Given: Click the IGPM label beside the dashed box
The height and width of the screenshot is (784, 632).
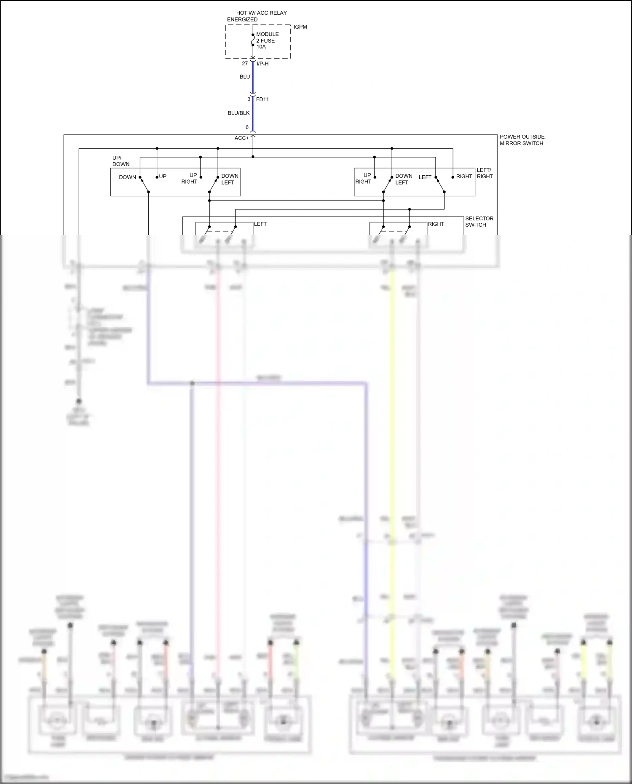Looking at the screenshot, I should (300, 27).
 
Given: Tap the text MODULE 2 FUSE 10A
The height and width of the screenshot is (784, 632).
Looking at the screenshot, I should (267, 40).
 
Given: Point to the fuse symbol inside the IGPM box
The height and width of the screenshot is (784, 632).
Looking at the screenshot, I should (253, 40).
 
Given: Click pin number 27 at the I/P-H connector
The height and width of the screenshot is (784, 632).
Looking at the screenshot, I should (245, 64).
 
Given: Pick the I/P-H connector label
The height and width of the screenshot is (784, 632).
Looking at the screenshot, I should (262, 64).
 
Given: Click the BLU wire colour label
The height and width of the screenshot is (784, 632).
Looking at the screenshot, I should (245, 77).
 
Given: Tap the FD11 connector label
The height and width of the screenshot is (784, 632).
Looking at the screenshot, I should (262, 99).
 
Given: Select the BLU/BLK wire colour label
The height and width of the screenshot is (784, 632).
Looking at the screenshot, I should (238, 113).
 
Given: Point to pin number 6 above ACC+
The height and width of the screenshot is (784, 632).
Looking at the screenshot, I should (247, 127).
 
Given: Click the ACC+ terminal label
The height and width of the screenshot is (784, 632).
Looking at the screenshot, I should (241, 138).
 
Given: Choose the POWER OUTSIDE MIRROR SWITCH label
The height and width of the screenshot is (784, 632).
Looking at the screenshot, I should (522, 140).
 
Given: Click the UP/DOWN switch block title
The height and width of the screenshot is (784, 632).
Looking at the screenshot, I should (121, 161).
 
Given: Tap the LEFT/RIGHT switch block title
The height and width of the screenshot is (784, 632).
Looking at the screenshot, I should (485, 173).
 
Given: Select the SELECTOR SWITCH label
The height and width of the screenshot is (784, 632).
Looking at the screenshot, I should (479, 222).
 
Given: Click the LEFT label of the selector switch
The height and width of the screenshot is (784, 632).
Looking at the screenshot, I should (260, 224).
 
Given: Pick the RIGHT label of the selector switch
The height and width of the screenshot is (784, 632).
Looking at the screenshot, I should (436, 224).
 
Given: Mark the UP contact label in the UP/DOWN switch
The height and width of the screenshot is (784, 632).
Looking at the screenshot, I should (163, 177).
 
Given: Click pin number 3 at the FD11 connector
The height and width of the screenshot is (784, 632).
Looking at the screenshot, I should (249, 99).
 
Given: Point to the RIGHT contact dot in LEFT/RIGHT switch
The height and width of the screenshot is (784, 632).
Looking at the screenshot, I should (453, 177).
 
